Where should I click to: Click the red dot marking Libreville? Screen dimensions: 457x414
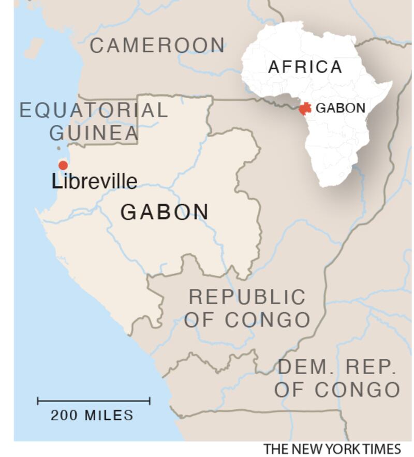tap(63, 165)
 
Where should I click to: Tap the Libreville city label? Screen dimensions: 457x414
tap(95, 181)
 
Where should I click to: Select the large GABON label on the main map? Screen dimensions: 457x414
tap(165, 212)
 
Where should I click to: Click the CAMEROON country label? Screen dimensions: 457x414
tap(158, 46)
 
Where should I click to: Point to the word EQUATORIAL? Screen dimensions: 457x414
tap(94, 110)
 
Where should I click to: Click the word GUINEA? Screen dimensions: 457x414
tap(94, 133)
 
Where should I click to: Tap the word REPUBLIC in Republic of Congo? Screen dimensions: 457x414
tap(247, 297)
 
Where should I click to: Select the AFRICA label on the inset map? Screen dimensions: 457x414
tap(305, 67)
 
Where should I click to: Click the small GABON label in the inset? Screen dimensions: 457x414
tap(341, 108)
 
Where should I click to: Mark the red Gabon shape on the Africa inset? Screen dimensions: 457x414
tap(305, 109)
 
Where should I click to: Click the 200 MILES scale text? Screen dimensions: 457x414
tap(92, 415)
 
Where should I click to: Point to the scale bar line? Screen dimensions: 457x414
tap(94, 401)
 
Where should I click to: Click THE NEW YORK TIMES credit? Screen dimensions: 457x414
tap(332, 449)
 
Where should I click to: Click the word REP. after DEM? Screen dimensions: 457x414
tap(371, 367)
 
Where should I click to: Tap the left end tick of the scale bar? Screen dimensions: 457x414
tap(38, 401)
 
